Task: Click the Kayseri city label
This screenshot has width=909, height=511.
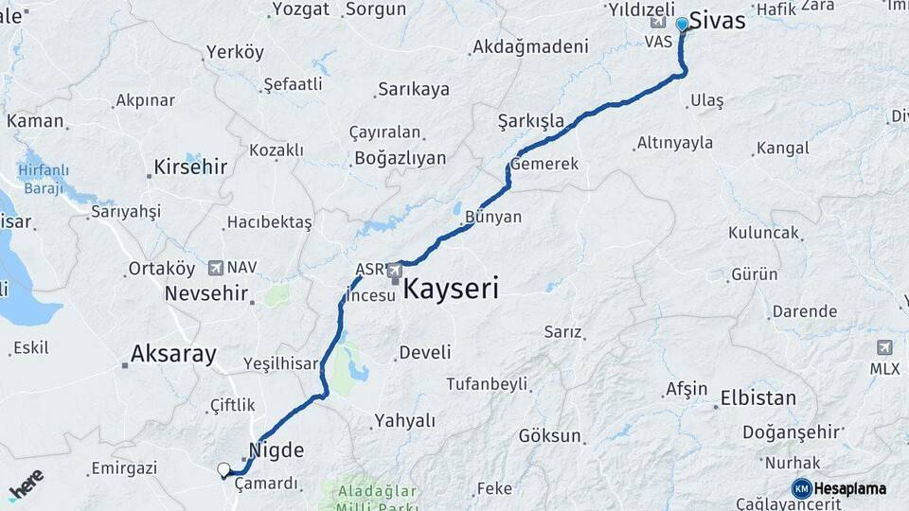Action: point(451,289)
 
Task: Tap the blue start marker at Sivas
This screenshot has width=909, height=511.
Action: point(682,25)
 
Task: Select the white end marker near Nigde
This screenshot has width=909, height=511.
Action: point(224,468)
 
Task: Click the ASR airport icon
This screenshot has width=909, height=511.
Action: point(393,272)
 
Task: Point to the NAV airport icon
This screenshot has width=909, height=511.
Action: point(215,268)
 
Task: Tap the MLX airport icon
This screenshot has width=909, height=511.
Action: point(883,346)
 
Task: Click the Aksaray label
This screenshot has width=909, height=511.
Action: point(173,354)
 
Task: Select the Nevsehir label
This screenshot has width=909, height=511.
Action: point(206,293)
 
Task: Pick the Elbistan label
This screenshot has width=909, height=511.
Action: point(757,397)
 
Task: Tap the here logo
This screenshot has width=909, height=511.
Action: point(27,485)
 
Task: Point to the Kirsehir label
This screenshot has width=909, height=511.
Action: point(190,167)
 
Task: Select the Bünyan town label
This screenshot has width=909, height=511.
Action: point(493,217)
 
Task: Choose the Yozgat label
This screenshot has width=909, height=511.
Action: point(300,9)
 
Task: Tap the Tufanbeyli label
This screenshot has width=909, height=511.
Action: point(487,384)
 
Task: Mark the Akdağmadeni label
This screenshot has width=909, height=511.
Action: point(530,45)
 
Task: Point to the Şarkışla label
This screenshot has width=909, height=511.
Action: point(530,121)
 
